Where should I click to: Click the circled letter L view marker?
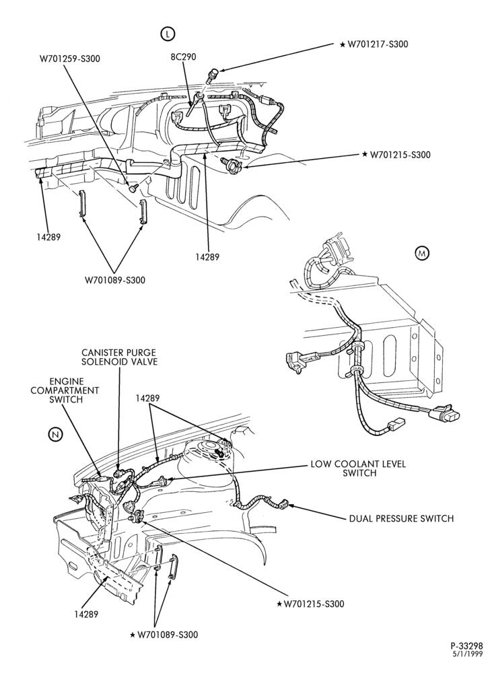pyautogui.click(x=168, y=34)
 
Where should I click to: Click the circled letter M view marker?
pyautogui.click(x=422, y=254)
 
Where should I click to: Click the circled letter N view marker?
pyautogui.click(x=56, y=434)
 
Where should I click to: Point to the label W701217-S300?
pyautogui.click(x=378, y=44)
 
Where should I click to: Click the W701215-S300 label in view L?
pyautogui.click(x=400, y=155)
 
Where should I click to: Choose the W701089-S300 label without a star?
pyautogui.click(x=114, y=280)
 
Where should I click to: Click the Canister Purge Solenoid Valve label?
pyautogui.click(x=120, y=357)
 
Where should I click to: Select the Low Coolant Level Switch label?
pyautogui.click(x=358, y=468)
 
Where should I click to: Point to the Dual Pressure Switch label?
pyautogui.click(x=401, y=518)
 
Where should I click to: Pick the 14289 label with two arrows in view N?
pyautogui.click(x=147, y=398)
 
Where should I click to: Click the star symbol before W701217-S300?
pyautogui.click(x=343, y=44)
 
